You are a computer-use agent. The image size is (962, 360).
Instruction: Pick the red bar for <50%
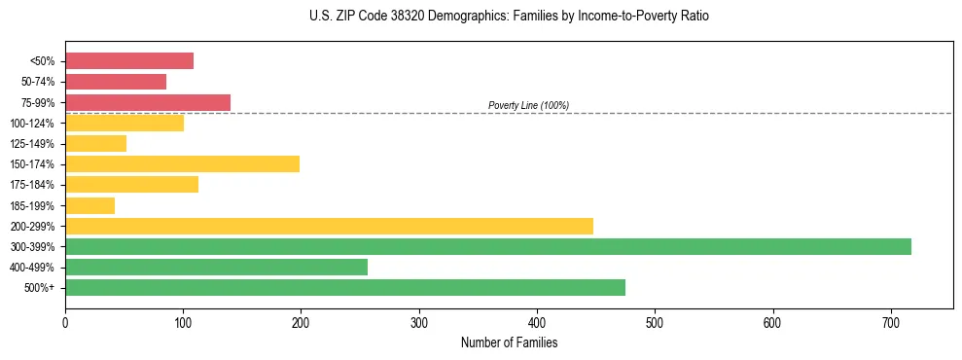129,61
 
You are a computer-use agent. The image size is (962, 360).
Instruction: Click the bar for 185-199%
89,205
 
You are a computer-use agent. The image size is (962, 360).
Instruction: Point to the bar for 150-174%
182,163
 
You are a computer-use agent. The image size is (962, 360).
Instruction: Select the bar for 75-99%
148,102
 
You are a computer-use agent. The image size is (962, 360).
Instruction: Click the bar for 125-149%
95,143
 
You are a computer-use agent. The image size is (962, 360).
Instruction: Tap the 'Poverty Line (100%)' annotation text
528,105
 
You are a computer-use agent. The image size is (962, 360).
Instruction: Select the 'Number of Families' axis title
509,342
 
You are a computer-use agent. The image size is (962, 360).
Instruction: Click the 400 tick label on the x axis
537,322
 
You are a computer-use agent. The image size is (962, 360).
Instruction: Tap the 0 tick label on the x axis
65,322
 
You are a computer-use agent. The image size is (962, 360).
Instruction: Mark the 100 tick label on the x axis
183,322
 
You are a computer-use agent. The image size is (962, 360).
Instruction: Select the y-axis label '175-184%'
34,185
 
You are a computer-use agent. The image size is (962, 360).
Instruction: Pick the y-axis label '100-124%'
34,124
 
